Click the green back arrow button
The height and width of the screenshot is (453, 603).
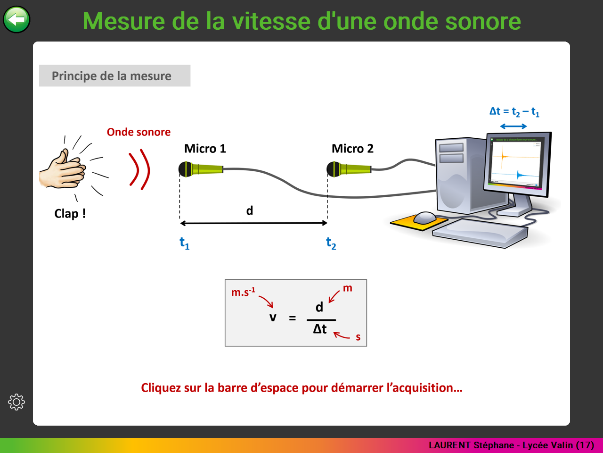pyautogui.click(x=16, y=19)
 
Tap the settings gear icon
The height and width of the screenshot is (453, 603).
pyautogui.click(x=16, y=402)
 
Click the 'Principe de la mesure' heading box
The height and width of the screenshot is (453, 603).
pyautogui.click(x=114, y=75)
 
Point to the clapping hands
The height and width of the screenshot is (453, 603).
pyautogui.click(x=63, y=169)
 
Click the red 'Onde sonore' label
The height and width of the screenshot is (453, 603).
pyautogui.click(x=139, y=132)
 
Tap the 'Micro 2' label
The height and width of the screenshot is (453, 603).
pyautogui.click(x=352, y=149)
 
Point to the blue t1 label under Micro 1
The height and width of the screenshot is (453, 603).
pyautogui.click(x=184, y=243)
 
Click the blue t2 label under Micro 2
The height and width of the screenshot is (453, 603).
pyautogui.click(x=331, y=243)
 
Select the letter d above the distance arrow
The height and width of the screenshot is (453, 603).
pyautogui.click(x=249, y=210)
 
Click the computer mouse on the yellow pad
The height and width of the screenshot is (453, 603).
pyautogui.click(x=424, y=218)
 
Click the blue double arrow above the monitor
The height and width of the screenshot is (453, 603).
pyautogui.click(x=513, y=126)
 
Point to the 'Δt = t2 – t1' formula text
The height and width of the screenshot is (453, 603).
pyautogui.click(x=514, y=112)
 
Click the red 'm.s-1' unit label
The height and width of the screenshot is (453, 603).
pyautogui.click(x=243, y=292)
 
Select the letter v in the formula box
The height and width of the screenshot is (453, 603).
pyautogui.click(x=272, y=318)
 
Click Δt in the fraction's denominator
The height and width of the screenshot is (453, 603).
pyautogui.click(x=320, y=329)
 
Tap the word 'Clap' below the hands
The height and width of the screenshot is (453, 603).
pyautogui.click(x=66, y=214)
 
